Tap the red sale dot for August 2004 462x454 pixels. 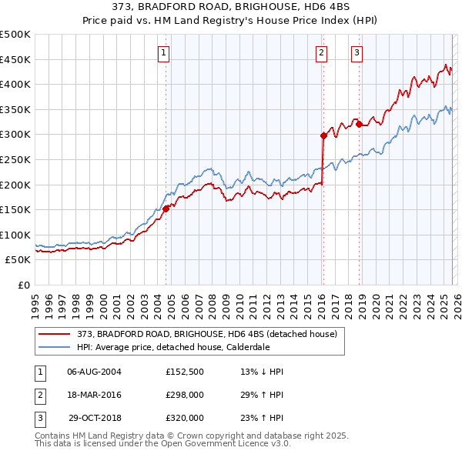(166, 208)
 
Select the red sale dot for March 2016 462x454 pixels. (323, 135)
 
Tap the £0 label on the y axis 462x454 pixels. (22, 285)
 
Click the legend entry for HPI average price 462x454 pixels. (172, 347)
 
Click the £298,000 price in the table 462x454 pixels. (184, 395)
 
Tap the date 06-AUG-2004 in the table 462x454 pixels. (94, 372)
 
